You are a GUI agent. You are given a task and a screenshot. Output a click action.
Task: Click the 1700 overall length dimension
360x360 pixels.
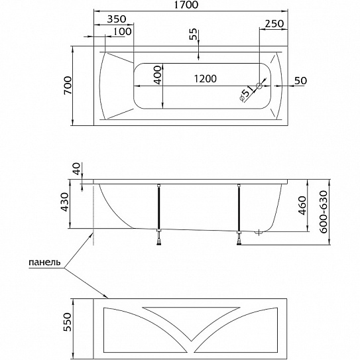pyautogui.click(x=186, y=5)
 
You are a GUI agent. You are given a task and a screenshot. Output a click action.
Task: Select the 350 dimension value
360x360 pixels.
pyautogui.click(x=117, y=19)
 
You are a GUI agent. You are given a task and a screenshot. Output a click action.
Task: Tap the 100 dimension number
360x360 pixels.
pyautogui.click(x=123, y=31)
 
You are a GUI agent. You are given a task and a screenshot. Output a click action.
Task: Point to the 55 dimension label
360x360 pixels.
pyautogui.click(x=194, y=34)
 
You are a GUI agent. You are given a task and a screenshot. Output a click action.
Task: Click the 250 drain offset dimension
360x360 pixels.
pyautogui.click(x=274, y=23)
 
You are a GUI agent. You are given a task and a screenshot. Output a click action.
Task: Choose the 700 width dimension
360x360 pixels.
pyautogui.click(x=68, y=86)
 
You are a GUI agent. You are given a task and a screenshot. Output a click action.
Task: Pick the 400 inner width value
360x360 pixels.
pyautogui.click(x=158, y=75)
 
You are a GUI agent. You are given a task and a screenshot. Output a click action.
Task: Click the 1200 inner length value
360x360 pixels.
pyautogui.click(x=206, y=79)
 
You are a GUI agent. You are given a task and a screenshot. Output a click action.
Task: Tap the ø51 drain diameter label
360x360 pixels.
pyautogui.click(x=246, y=93)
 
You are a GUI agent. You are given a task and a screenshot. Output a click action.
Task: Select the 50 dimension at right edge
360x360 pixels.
pyautogui.click(x=300, y=81)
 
